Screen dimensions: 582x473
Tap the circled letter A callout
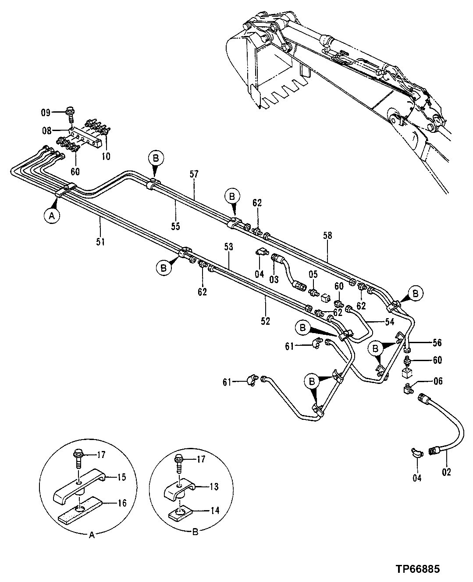click(52, 216)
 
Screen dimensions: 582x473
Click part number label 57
click(194, 174)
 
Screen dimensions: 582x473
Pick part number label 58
click(327, 235)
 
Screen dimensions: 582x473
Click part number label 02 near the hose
click(447, 472)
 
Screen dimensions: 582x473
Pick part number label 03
click(274, 279)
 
